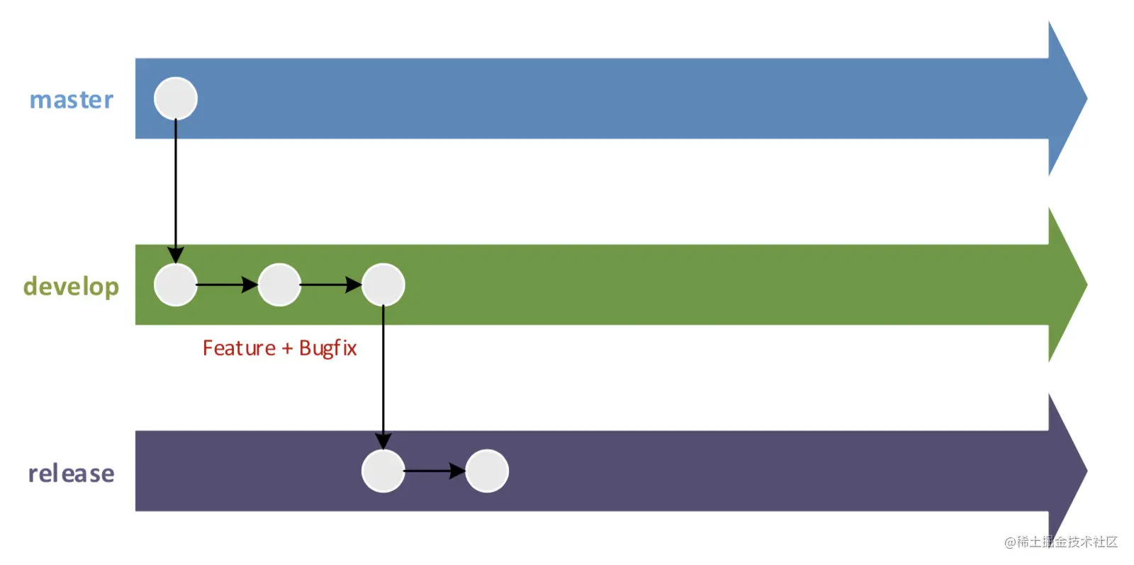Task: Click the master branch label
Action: (72, 100)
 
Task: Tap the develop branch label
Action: (72, 287)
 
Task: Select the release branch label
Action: (72, 474)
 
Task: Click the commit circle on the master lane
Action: (176, 98)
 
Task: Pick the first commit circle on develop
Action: (176, 285)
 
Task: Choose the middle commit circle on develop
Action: (279, 285)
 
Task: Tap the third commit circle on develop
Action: (383, 285)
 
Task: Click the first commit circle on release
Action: (383, 471)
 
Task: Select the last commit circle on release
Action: (487, 471)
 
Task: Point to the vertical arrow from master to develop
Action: (176, 191)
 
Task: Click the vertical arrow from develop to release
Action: (383, 377)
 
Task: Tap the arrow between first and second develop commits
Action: (228, 285)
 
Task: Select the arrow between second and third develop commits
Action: (331, 285)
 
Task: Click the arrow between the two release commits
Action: (435, 471)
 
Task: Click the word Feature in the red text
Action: (239, 348)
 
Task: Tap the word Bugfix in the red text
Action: (328, 348)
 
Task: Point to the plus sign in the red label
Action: (287, 348)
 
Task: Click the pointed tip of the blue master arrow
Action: (1087, 98)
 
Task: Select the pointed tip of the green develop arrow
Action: (1087, 285)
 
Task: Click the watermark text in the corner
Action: (1061, 542)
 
